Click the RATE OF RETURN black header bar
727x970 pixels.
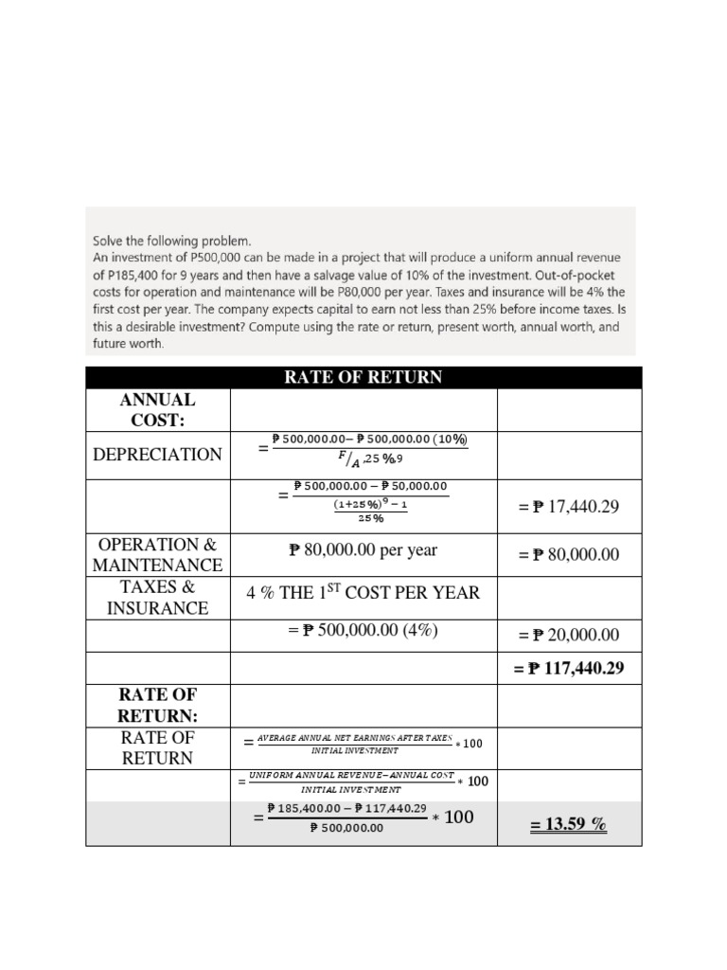pos(363,378)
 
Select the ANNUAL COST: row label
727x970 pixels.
pos(157,410)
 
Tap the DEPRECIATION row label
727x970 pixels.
pos(157,455)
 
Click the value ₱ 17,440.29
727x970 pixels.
pos(568,507)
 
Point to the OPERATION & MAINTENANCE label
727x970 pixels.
pos(157,555)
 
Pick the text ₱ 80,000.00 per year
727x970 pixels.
pos(363,549)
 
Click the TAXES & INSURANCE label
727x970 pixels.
pos(157,598)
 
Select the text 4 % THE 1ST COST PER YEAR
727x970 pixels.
pos(363,593)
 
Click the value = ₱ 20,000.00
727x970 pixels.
pos(568,636)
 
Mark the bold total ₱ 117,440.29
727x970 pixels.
pos(568,670)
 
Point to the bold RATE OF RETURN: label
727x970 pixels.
pos(157,706)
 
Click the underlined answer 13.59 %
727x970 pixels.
pos(568,825)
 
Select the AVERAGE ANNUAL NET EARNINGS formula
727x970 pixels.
pos(363,744)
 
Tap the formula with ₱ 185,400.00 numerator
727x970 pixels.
pos(363,817)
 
